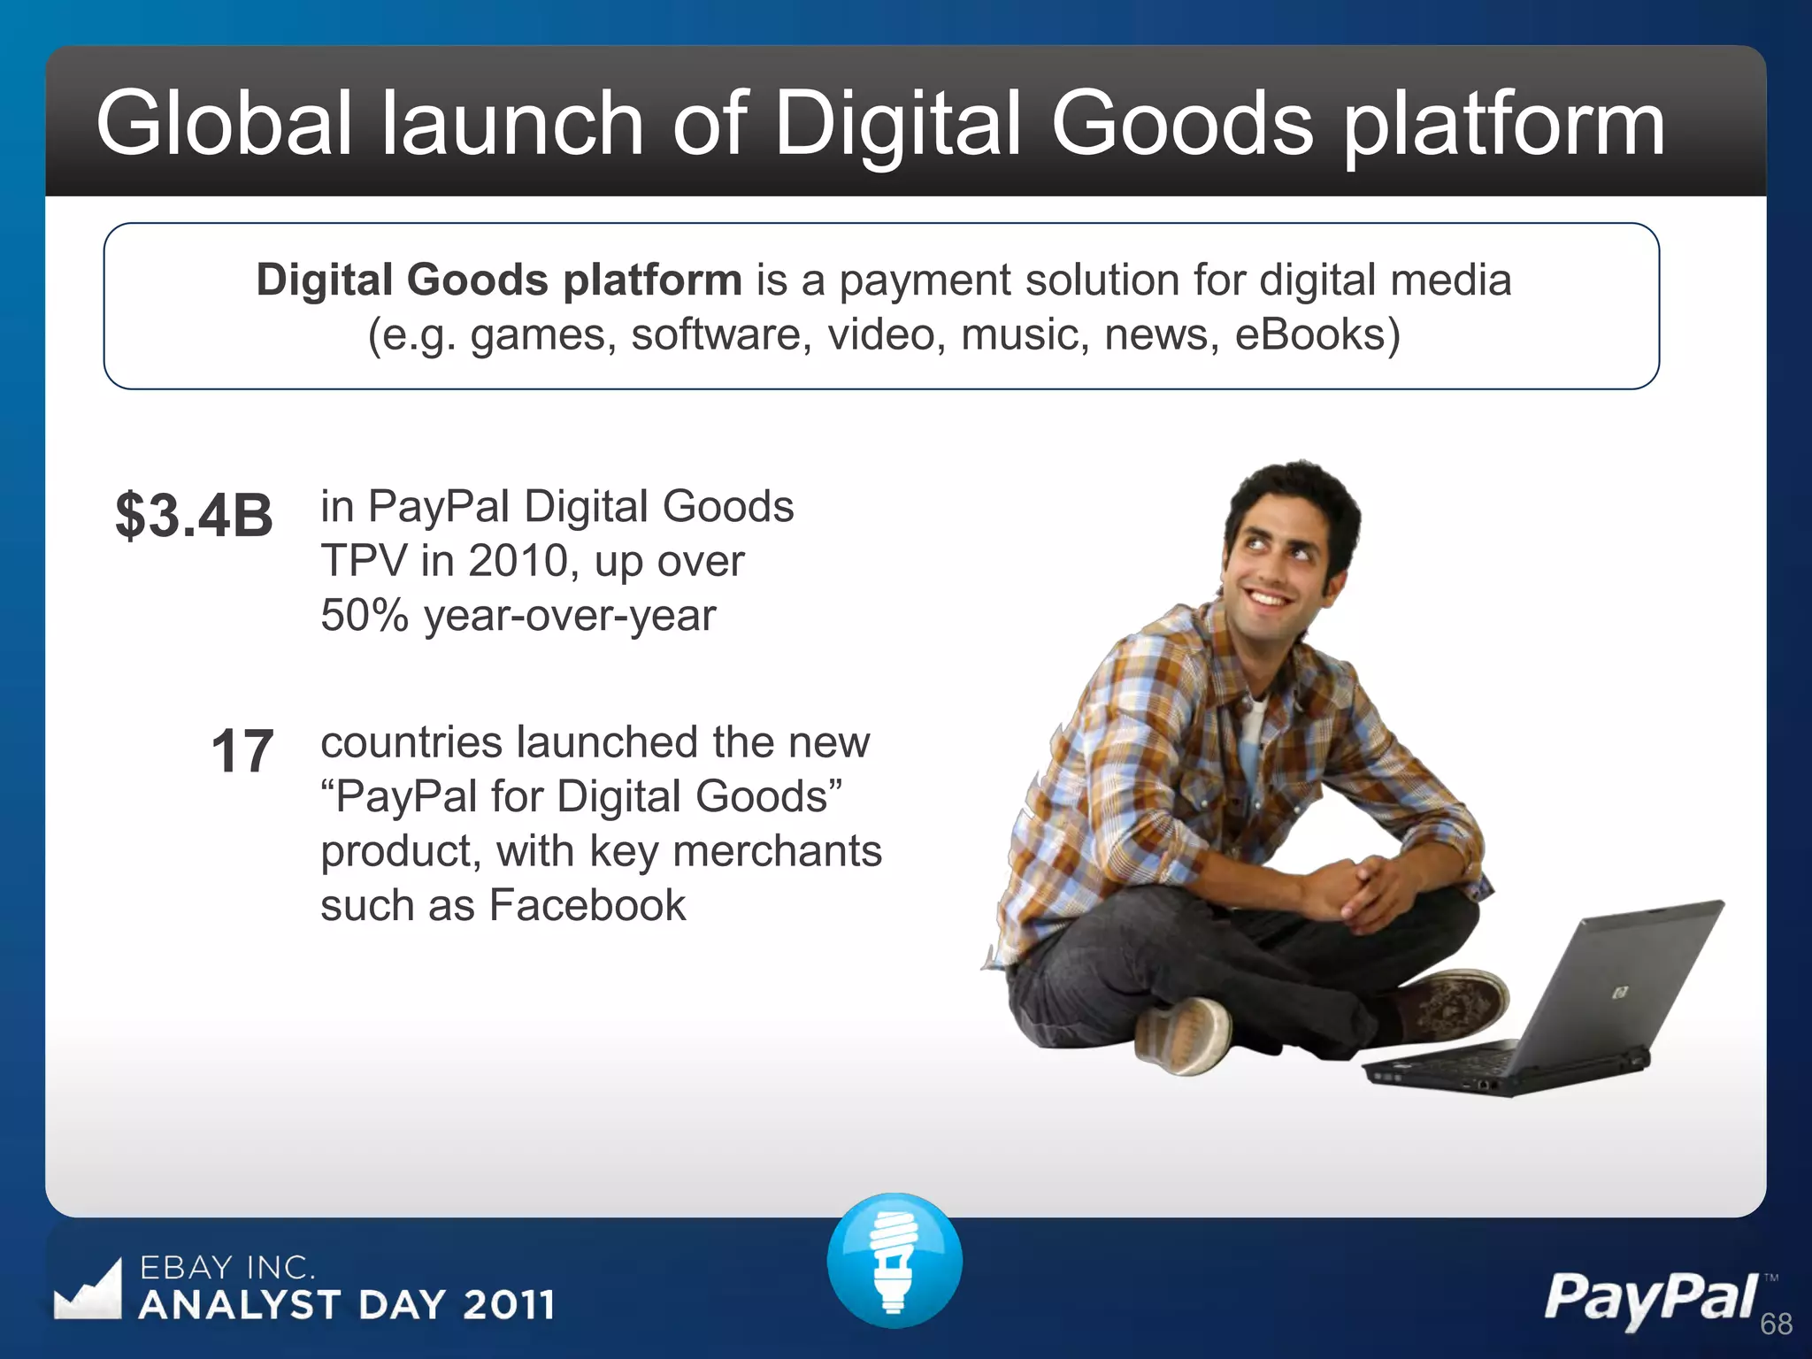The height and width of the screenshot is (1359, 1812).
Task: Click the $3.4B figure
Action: tap(194, 516)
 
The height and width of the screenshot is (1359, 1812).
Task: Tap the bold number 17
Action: tap(242, 752)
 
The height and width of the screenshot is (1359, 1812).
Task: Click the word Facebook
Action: tap(587, 905)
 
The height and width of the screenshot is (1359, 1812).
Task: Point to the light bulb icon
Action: tap(894, 1260)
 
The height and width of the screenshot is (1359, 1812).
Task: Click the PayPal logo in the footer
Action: tap(1651, 1299)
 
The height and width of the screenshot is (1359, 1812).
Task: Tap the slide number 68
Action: tap(1776, 1324)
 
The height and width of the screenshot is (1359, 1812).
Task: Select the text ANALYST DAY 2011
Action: tap(347, 1305)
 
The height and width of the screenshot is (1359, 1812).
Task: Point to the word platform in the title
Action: tap(1503, 127)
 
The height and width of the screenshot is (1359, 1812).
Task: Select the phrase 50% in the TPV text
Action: tap(365, 615)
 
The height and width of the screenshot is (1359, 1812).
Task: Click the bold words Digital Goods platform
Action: tap(499, 280)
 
